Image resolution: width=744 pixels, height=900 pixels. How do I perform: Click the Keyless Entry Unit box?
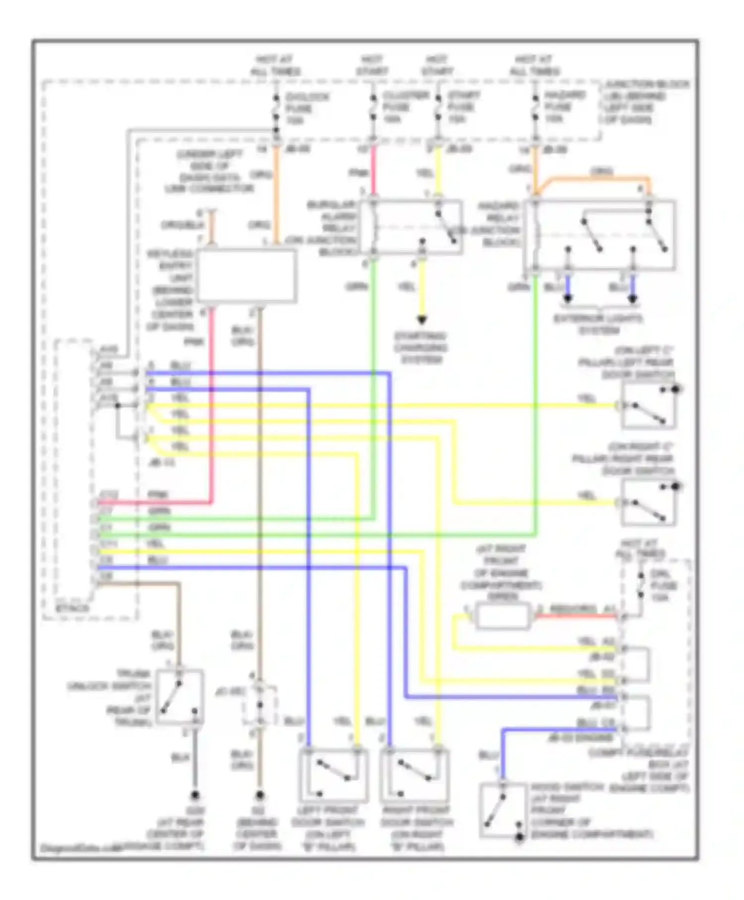(247, 275)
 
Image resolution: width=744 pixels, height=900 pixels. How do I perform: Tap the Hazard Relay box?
(600, 236)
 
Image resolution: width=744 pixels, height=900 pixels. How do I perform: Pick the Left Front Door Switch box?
(333, 775)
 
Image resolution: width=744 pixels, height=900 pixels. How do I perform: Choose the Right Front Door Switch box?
(415, 775)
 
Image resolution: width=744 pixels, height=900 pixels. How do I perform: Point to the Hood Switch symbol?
(502, 810)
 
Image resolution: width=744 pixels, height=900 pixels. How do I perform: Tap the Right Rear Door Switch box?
(648, 503)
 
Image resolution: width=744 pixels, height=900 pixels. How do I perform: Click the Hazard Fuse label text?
(564, 107)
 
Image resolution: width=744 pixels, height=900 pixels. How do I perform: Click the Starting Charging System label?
(421, 348)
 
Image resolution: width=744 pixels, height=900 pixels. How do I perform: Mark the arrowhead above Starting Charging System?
(422, 320)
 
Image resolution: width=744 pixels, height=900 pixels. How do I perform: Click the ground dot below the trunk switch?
(195, 795)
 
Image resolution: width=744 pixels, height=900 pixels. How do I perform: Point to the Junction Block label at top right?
(645, 102)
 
